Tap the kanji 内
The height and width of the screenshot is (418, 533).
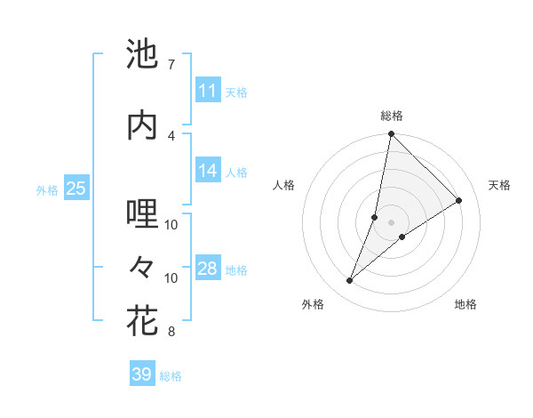point(142,125)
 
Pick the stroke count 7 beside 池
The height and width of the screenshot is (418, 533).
point(171,65)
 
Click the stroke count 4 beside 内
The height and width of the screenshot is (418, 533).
point(171,134)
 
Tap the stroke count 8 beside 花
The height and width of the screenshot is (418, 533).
point(171,332)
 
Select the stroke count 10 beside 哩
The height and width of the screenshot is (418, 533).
point(171,224)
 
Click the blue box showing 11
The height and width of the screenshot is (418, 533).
point(207,91)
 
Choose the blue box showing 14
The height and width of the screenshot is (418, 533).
point(207,172)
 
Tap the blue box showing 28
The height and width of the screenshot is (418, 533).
point(207,269)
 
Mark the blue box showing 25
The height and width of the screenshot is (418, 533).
point(76,189)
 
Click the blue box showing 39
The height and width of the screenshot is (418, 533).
point(141,374)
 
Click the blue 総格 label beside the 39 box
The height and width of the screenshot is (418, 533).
point(171,376)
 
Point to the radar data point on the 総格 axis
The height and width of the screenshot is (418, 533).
point(391,134)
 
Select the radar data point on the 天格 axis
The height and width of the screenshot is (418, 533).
point(459,200)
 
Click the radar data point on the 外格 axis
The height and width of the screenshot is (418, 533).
point(350,280)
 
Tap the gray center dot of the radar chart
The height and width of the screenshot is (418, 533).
point(391,222)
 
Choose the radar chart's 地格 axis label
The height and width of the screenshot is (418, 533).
point(465,305)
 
